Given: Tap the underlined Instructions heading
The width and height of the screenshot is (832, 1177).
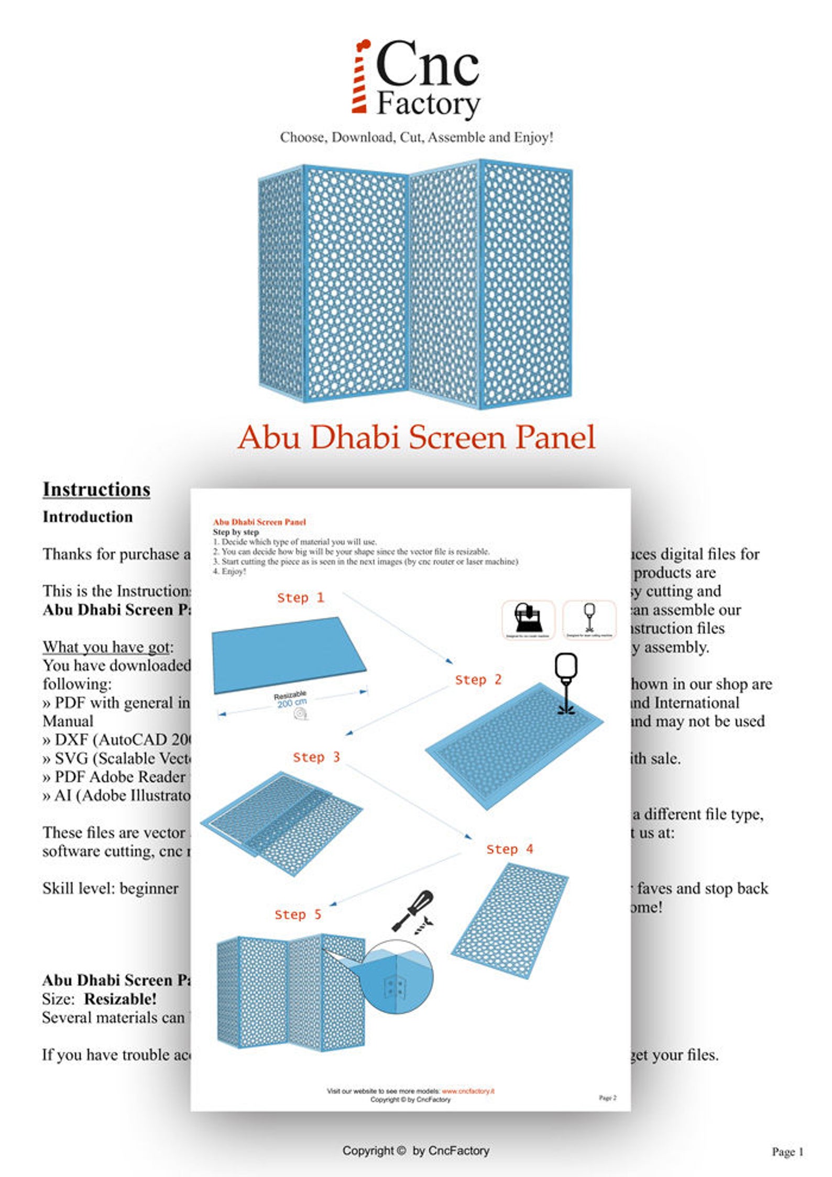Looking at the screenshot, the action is tap(96, 489).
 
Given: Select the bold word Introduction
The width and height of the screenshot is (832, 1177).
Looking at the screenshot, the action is tap(87, 517).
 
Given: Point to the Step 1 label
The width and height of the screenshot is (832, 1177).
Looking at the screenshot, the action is tap(300, 597).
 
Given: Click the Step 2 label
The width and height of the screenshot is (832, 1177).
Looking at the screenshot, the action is tap(478, 680).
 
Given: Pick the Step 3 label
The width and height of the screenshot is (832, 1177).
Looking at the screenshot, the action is tap(316, 757).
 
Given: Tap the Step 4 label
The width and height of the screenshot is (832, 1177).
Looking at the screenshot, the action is tap(509, 849).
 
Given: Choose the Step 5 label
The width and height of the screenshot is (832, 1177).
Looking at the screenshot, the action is tap(298, 914).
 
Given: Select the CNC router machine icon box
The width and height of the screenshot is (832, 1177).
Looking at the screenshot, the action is tap(528, 619).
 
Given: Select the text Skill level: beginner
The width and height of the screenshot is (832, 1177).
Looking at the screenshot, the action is tap(110, 888).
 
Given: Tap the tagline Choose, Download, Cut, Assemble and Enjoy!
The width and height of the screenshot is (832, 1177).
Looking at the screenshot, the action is tap(417, 137).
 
